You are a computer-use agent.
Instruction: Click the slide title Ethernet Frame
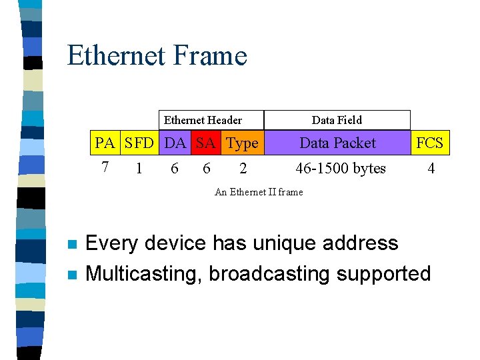point(157,55)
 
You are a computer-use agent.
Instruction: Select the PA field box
point(105,143)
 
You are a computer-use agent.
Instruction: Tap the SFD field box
point(139,143)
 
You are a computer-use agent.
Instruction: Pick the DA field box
point(175,143)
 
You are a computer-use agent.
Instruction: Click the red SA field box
point(205,143)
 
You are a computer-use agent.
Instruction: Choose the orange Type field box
point(242,143)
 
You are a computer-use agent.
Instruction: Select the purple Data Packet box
point(337,143)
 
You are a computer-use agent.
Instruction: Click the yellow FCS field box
point(430,143)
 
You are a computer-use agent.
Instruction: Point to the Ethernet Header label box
point(203,120)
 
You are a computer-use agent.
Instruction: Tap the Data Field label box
point(337,120)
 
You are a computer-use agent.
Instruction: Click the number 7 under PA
point(105,167)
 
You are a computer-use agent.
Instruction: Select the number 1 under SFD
point(139,169)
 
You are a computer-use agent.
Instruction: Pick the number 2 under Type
point(243,169)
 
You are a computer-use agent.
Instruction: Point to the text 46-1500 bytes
point(341,169)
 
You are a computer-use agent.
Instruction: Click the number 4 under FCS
point(431,169)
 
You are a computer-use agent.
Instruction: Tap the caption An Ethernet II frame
point(259,192)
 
